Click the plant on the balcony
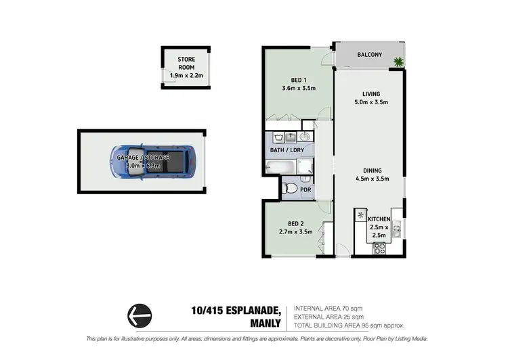pyautogui.click(x=398, y=63)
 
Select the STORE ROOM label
pyautogui.click(x=186, y=64)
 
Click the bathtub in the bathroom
pyautogui.click(x=280, y=166)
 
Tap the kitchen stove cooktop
pyautogui.click(x=379, y=248)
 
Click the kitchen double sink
pyautogui.click(x=397, y=229)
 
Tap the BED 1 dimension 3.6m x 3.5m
pyautogui.click(x=299, y=88)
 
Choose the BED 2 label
pyautogui.click(x=295, y=223)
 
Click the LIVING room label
pyautogui.click(x=371, y=93)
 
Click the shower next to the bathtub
pyautogui.click(x=305, y=166)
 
